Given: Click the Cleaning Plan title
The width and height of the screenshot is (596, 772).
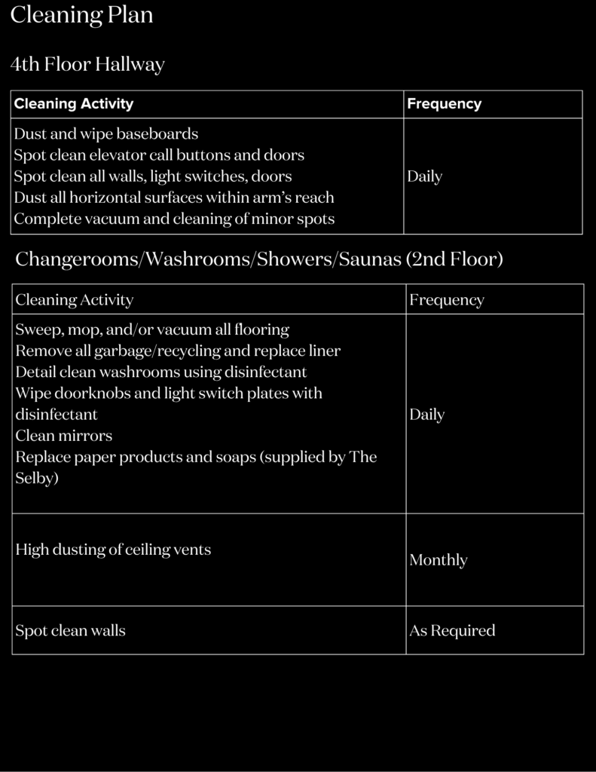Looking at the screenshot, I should pyautogui.click(x=81, y=15).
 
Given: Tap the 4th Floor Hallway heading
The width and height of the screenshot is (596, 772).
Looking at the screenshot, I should pyautogui.click(x=87, y=65).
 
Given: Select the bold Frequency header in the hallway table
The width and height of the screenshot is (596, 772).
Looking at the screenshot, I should pyautogui.click(x=444, y=104).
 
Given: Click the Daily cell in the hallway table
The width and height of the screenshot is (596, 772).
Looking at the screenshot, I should pyautogui.click(x=424, y=176).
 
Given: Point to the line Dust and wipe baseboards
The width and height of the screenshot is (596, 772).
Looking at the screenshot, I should pyautogui.click(x=106, y=134).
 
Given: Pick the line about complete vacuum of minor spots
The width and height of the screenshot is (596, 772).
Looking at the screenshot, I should pyautogui.click(x=174, y=219).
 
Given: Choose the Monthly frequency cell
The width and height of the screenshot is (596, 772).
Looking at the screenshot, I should pyautogui.click(x=438, y=560).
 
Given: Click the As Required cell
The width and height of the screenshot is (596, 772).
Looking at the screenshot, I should pyautogui.click(x=452, y=630).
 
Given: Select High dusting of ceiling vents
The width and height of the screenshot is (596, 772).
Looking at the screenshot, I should pyautogui.click(x=113, y=550).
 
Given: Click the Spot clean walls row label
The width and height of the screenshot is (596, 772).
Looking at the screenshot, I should pyautogui.click(x=70, y=630).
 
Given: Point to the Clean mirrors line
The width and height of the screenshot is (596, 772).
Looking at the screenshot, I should pyautogui.click(x=63, y=436).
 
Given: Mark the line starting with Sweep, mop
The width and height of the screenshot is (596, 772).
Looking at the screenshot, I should pyautogui.click(x=152, y=329).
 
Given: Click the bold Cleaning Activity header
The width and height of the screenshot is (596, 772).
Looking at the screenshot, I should pyautogui.click(x=74, y=104).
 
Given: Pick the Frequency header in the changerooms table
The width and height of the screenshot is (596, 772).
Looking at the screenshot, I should pyautogui.click(x=446, y=300).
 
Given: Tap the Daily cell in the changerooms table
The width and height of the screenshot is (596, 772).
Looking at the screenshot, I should pyautogui.click(x=426, y=415).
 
